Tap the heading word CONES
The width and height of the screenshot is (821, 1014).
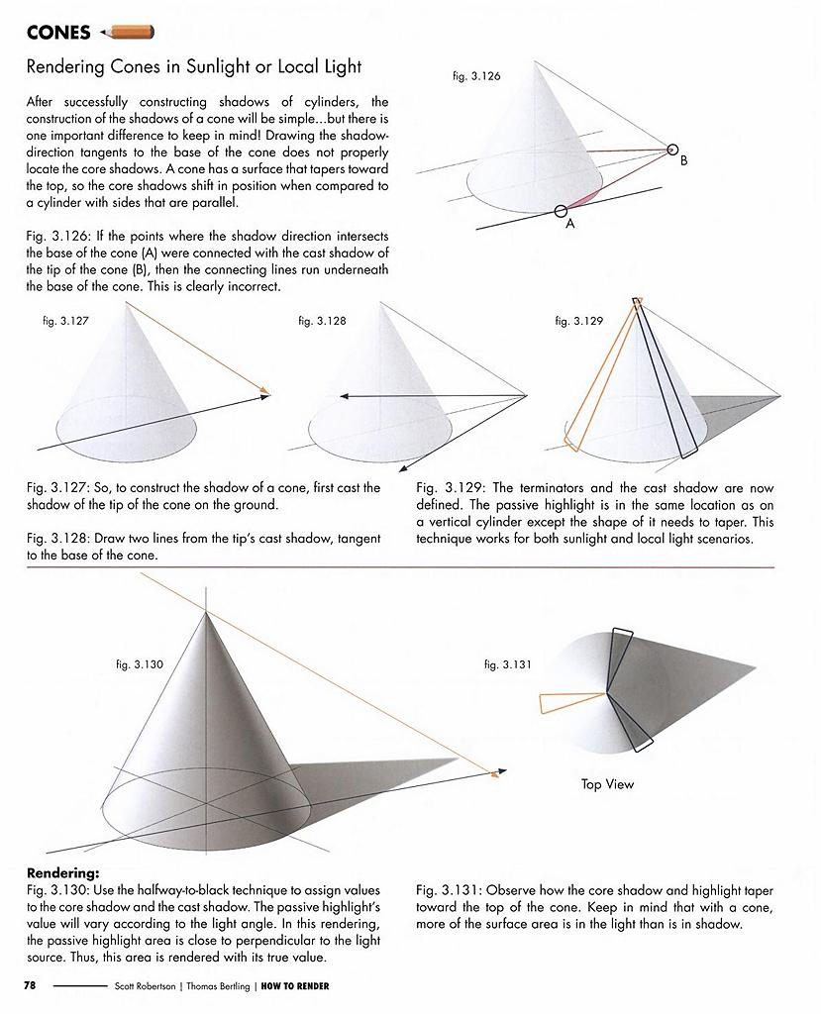[x=58, y=33]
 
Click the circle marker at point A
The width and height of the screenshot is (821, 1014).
[x=561, y=210]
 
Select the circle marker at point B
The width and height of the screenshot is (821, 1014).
[x=673, y=151]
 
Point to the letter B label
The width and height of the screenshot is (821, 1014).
[x=683, y=163]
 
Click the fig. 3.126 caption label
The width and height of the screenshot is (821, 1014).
[x=476, y=75]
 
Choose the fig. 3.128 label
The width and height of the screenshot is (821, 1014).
[x=322, y=321]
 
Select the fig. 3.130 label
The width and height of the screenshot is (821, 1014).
[x=140, y=664]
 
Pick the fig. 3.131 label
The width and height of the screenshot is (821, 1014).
[x=508, y=664]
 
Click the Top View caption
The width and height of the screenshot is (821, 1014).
[x=607, y=784]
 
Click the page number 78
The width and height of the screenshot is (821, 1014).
[x=30, y=985]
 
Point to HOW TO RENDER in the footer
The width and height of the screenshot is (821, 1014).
[x=295, y=985]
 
